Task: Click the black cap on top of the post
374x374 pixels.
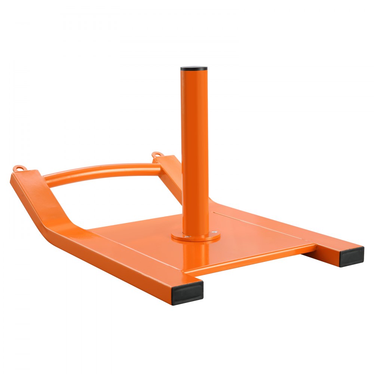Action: click(x=194, y=69)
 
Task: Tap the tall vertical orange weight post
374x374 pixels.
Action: click(x=194, y=150)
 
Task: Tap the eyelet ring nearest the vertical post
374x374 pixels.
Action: click(x=156, y=154)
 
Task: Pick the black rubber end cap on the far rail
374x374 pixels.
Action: click(x=352, y=256)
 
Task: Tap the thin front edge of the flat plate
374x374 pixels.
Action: click(x=251, y=258)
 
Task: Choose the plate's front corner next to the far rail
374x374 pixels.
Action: click(x=314, y=245)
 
